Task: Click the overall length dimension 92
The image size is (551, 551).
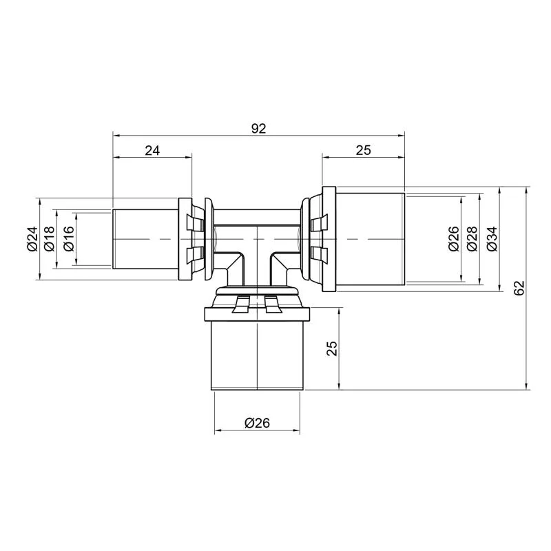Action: tap(259, 129)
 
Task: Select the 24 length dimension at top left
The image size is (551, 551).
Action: tap(152, 151)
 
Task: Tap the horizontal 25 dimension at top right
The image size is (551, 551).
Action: tap(364, 150)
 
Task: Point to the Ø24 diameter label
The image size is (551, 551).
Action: tap(32, 239)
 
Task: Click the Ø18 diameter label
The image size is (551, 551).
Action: tap(50, 239)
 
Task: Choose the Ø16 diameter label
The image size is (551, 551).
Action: tap(69, 239)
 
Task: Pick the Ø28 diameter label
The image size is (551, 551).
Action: tap(472, 239)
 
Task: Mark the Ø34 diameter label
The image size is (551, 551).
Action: tap(492, 239)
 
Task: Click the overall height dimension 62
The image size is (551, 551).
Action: tap(519, 288)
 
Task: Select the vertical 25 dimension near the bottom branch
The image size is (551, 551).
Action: tap(332, 349)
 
